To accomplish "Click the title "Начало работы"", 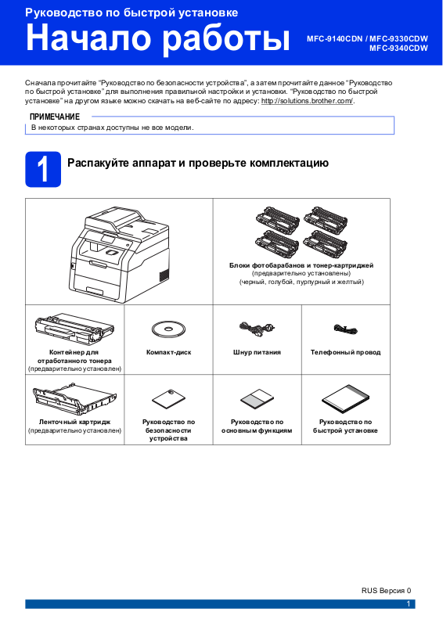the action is [x=158, y=38].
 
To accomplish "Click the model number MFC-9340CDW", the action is [x=398, y=49].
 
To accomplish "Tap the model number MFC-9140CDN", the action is [x=335, y=39].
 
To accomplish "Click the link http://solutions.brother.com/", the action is [x=307, y=101].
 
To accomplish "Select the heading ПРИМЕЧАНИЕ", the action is [x=55, y=117].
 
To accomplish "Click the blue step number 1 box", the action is [x=43, y=169].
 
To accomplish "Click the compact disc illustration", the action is [x=168, y=329].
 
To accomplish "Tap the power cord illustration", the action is [x=257, y=329].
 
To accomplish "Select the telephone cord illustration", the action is [x=345, y=329].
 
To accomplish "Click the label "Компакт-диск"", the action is [x=168, y=353].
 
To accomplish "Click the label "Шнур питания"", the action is [x=257, y=353].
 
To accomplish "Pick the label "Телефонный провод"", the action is [x=345, y=353].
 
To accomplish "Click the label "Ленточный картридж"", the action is [x=74, y=422].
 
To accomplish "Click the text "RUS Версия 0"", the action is [x=387, y=591].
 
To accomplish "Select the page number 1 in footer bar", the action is [x=409, y=604].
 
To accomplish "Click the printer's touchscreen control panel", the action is [x=108, y=241].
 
